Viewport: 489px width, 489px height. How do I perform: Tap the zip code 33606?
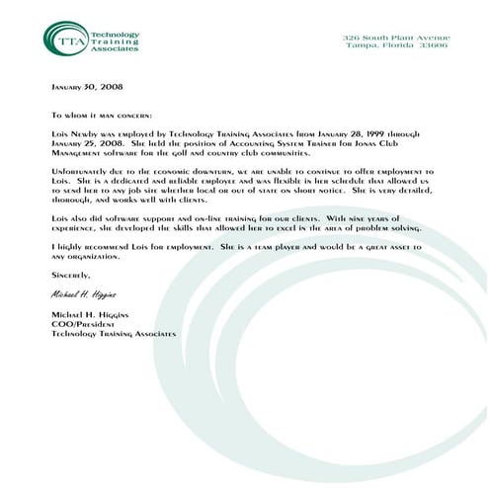pos(432,45)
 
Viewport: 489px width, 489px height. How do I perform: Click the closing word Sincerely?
pos(70,275)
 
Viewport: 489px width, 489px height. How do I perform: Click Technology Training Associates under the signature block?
pos(114,334)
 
